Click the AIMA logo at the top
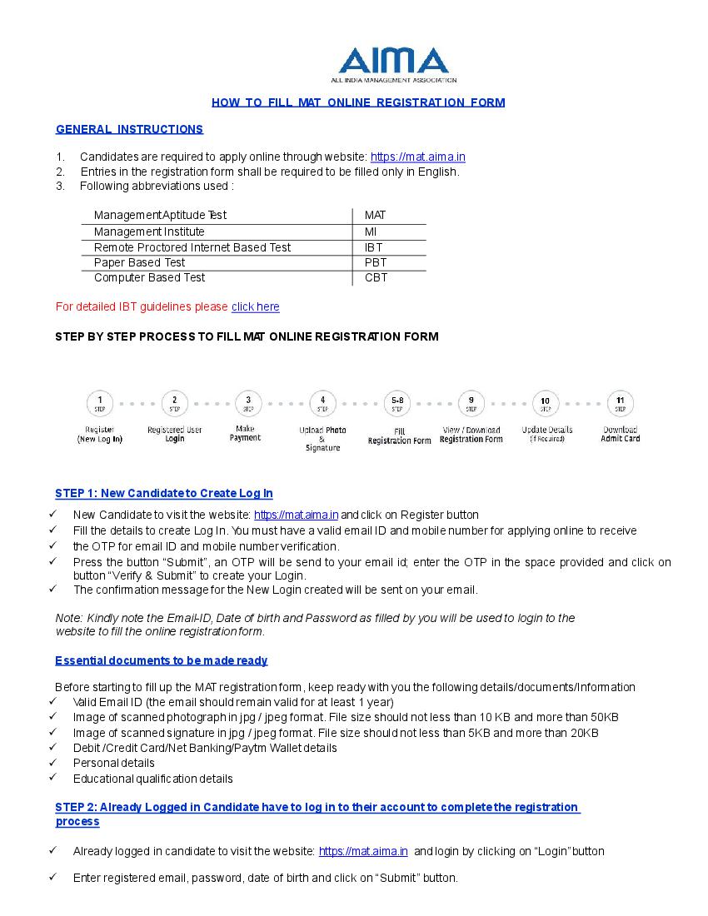click(x=393, y=64)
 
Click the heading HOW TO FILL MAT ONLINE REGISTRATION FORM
click(x=358, y=102)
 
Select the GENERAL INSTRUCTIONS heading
click(x=129, y=129)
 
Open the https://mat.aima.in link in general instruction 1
click(x=417, y=157)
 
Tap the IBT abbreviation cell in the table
click(x=373, y=247)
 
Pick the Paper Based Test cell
click(x=140, y=262)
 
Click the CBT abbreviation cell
click(x=376, y=277)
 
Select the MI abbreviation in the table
click(x=371, y=231)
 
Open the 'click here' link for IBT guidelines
click(x=256, y=306)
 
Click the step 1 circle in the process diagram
click(x=100, y=403)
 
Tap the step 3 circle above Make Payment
click(x=248, y=403)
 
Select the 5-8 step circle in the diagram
click(x=397, y=403)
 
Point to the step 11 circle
click(x=621, y=403)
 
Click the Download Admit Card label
click(x=621, y=434)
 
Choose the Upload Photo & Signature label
click(x=323, y=439)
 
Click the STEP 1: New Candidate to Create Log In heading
click(x=164, y=493)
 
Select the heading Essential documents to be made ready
click(x=162, y=660)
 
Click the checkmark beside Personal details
click(x=53, y=762)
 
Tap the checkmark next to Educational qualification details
click(x=53, y=778)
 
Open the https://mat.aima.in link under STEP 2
click(x=363, y=851)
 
